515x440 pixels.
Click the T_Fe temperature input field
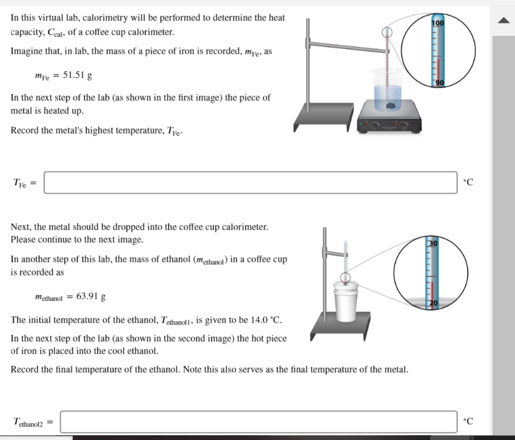click(x=251, y=182)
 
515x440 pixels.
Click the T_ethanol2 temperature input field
click(x=258, y=422)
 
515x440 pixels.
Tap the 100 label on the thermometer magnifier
click(x=438, y=23)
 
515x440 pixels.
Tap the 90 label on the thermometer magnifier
click(x=439, y=82)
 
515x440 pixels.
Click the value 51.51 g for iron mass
click(x=77, y=76)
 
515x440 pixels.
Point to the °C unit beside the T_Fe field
click(x=468, y=182)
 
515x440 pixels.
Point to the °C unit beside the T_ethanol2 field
click(x=468, y=422)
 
